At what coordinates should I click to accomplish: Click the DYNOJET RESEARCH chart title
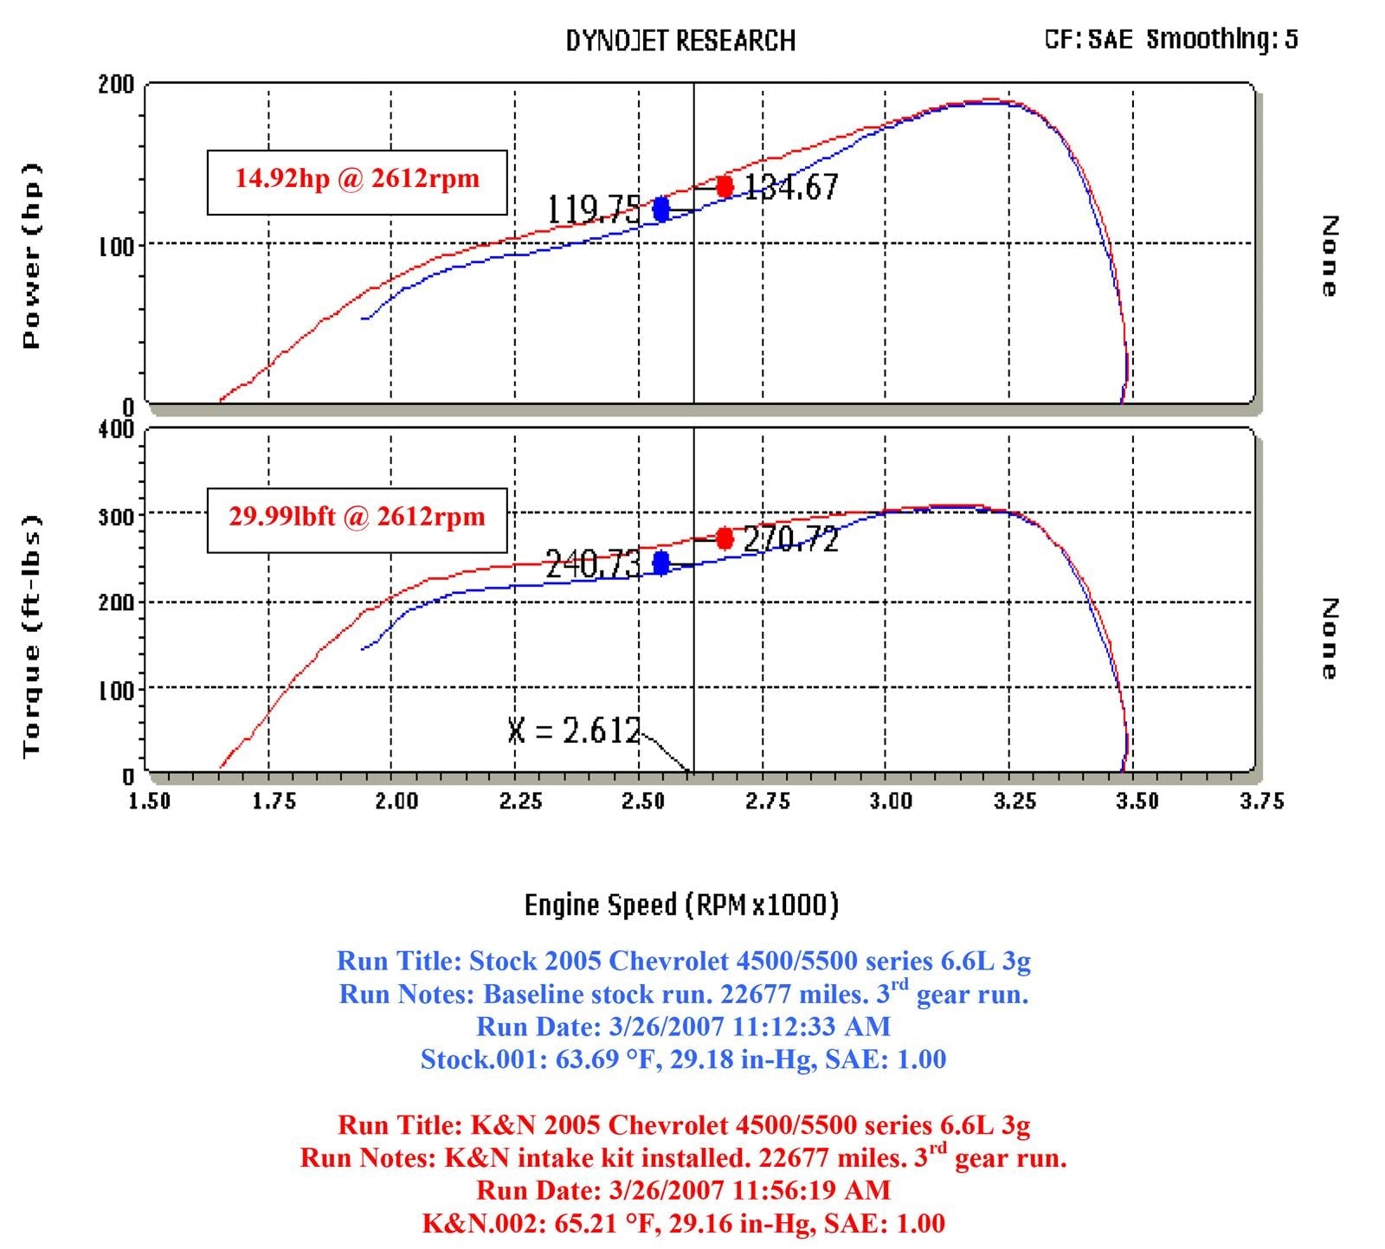[680, 41]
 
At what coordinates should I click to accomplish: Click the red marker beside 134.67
[725, 186]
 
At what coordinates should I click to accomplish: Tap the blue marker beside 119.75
[661, 209]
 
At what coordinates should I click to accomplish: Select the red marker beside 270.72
[725, 539]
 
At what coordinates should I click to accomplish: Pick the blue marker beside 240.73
[661, 563]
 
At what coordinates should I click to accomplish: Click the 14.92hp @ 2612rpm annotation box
[357, 180]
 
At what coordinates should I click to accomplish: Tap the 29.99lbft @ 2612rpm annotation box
[357, 518]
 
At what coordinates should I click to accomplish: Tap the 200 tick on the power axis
[117, 85]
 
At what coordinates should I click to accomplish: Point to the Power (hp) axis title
[32, 256]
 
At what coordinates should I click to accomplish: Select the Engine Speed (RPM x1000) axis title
[682, 905]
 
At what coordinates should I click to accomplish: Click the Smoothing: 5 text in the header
[1222, 39]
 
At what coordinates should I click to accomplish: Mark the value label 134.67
[791, 187]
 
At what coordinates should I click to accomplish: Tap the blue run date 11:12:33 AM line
[683, 1027]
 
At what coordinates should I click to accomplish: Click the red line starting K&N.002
[683, 1223]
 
